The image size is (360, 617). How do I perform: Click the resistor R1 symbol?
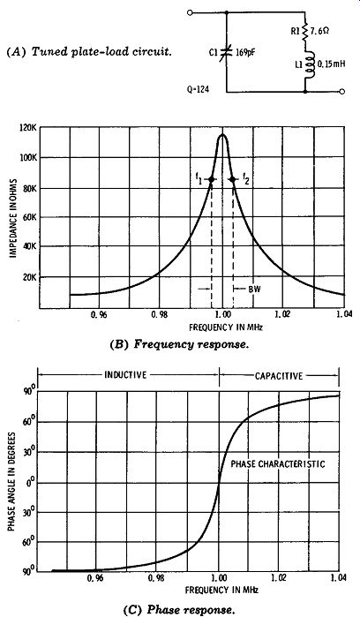(x=305, y=32)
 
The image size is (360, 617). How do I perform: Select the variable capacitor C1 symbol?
(x=226, y=51)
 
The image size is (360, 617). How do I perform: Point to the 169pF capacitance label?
(x=244, y=52)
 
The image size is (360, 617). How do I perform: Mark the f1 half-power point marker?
(x=211, y=179)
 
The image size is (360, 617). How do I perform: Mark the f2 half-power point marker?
(x=233, y=179)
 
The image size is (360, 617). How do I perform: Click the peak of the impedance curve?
(x=222, y=134)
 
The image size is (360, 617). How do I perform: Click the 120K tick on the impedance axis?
(x=27, y=129)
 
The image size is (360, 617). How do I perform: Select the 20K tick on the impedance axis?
(x=30, y=277)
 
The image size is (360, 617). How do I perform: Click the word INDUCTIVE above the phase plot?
(x=125, y=374)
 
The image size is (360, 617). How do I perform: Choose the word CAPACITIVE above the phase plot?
(x=279, y=376)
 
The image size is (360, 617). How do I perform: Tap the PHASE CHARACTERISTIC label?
(x=278, y=464)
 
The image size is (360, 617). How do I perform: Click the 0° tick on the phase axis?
(x=30, y=483)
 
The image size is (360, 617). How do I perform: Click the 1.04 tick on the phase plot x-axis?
(x=338, y=578)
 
